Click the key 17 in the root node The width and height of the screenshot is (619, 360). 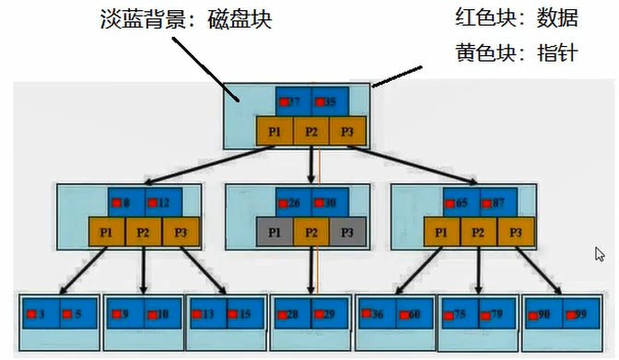[x=293, y=101]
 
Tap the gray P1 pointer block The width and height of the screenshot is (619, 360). [x=274, y=233]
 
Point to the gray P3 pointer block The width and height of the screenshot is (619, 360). [x=347, y=233]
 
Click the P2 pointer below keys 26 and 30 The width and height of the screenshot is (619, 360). [x=311, y=233]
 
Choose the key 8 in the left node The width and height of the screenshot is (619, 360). [x=124, y=203]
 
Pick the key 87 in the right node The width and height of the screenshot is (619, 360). [x=496, y=203]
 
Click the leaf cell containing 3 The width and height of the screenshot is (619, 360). [x=40, y=314]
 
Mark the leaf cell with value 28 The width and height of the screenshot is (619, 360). [x=292, y=314]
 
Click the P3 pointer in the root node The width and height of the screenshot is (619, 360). [x=347, y=132]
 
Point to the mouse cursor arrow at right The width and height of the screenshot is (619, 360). [x=600, y=254]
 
